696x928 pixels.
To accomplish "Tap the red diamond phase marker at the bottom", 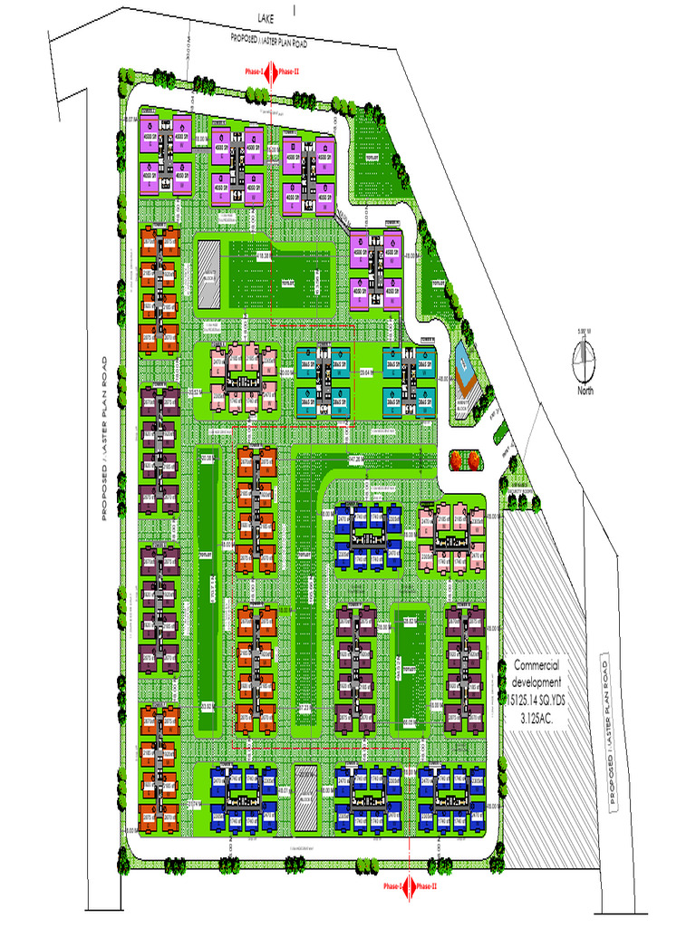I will click(410, 885).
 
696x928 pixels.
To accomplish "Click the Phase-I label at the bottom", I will click(391, 886).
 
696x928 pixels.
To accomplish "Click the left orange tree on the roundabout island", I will click(454, 460).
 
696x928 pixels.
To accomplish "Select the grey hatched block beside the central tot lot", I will click(208, 270).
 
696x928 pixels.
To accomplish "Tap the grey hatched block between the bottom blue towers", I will click(306, 797).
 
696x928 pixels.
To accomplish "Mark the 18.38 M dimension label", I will click(265, 256).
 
